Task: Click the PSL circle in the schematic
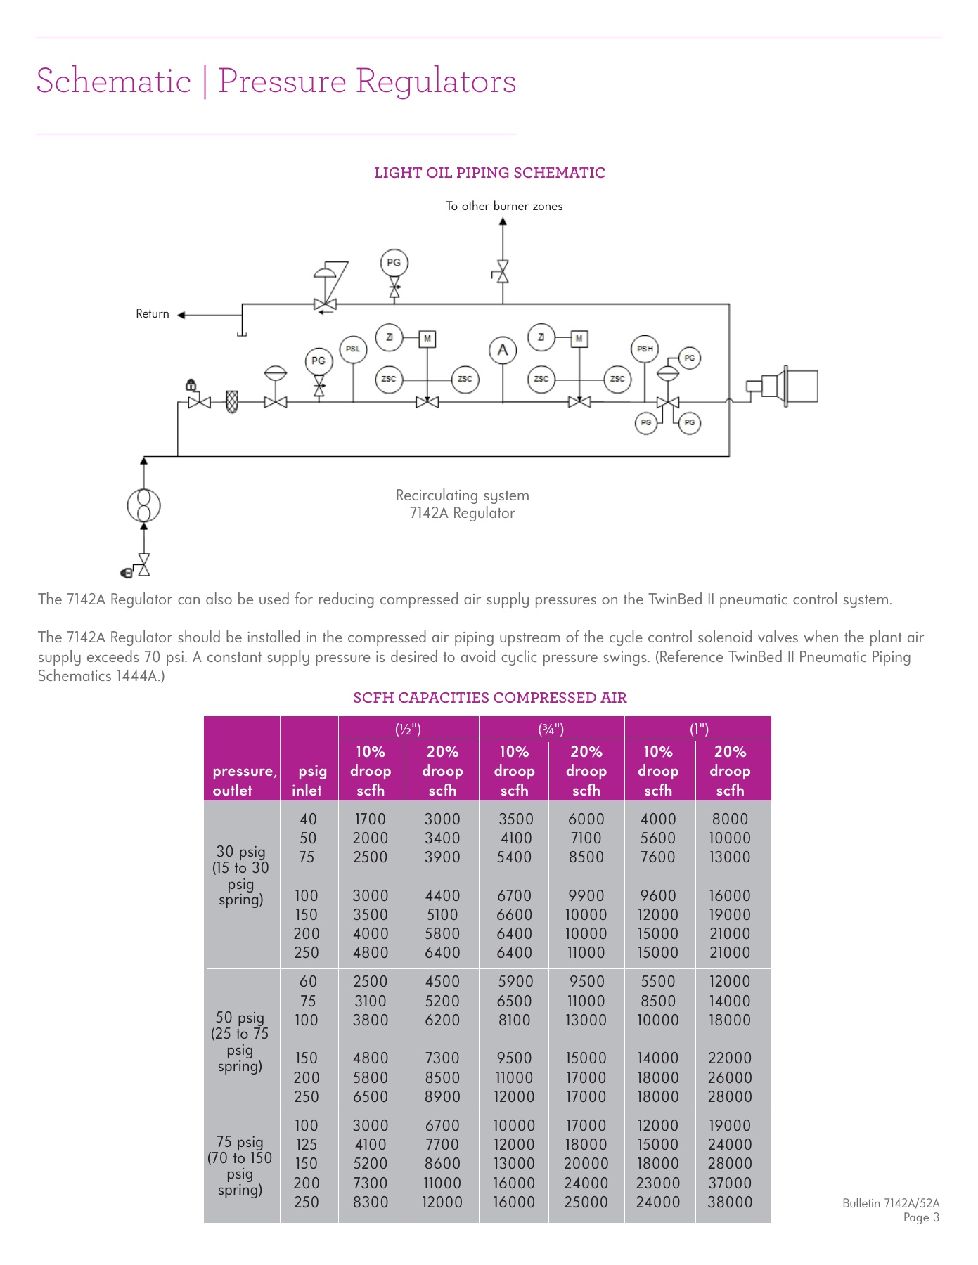click(353, 349)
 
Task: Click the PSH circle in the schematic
click(645, 349)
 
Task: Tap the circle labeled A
click(503, 350)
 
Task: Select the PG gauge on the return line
click(394, 263)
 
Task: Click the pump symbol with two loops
click(144, 505)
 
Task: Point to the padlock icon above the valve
click(191, 384)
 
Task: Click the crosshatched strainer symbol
click(232, 402)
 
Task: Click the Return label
click(153, 314)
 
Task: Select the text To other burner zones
click(504, 206)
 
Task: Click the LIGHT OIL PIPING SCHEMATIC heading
click(489, 173)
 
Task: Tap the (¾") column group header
click(551, 729)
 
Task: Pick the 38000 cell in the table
click(730, 1202)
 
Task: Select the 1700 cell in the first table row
click(370, 819)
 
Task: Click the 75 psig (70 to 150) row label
click(240, 1165)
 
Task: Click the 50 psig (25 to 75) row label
click(240, 1042)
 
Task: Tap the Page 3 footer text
click(921, 1218)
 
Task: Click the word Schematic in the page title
click(114, 81)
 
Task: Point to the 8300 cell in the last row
click(370, 1202)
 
